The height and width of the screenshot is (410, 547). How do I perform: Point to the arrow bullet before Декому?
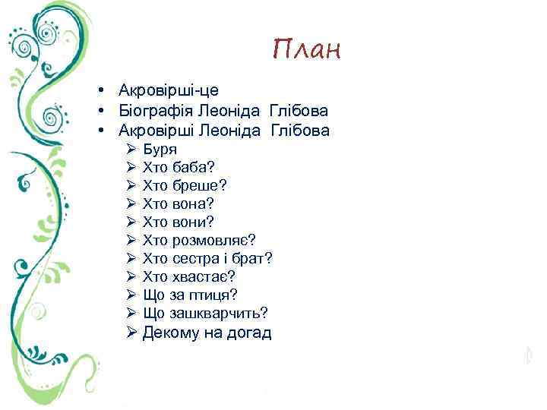[131, 333]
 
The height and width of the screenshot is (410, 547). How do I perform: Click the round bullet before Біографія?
[100, 111]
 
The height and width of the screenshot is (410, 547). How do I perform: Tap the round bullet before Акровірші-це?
[100, 91]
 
